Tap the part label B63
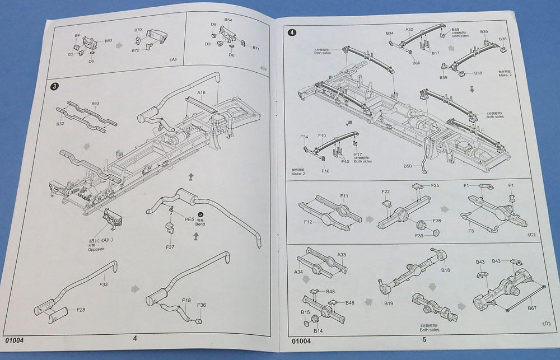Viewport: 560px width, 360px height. (95, 104)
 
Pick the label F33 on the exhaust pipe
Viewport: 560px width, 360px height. (104, 284)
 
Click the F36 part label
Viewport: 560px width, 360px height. (202, 305)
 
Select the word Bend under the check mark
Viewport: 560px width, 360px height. (200, 224)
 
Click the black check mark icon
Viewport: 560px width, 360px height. (200, 214)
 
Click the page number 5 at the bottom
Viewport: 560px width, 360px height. (424, 339)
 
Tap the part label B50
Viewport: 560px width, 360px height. (408, 166)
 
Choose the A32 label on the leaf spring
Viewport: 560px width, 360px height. (409, 29)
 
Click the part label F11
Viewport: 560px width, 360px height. (344, 196)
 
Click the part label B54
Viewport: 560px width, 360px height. (228, 20)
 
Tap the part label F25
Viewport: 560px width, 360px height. (435, 185)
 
